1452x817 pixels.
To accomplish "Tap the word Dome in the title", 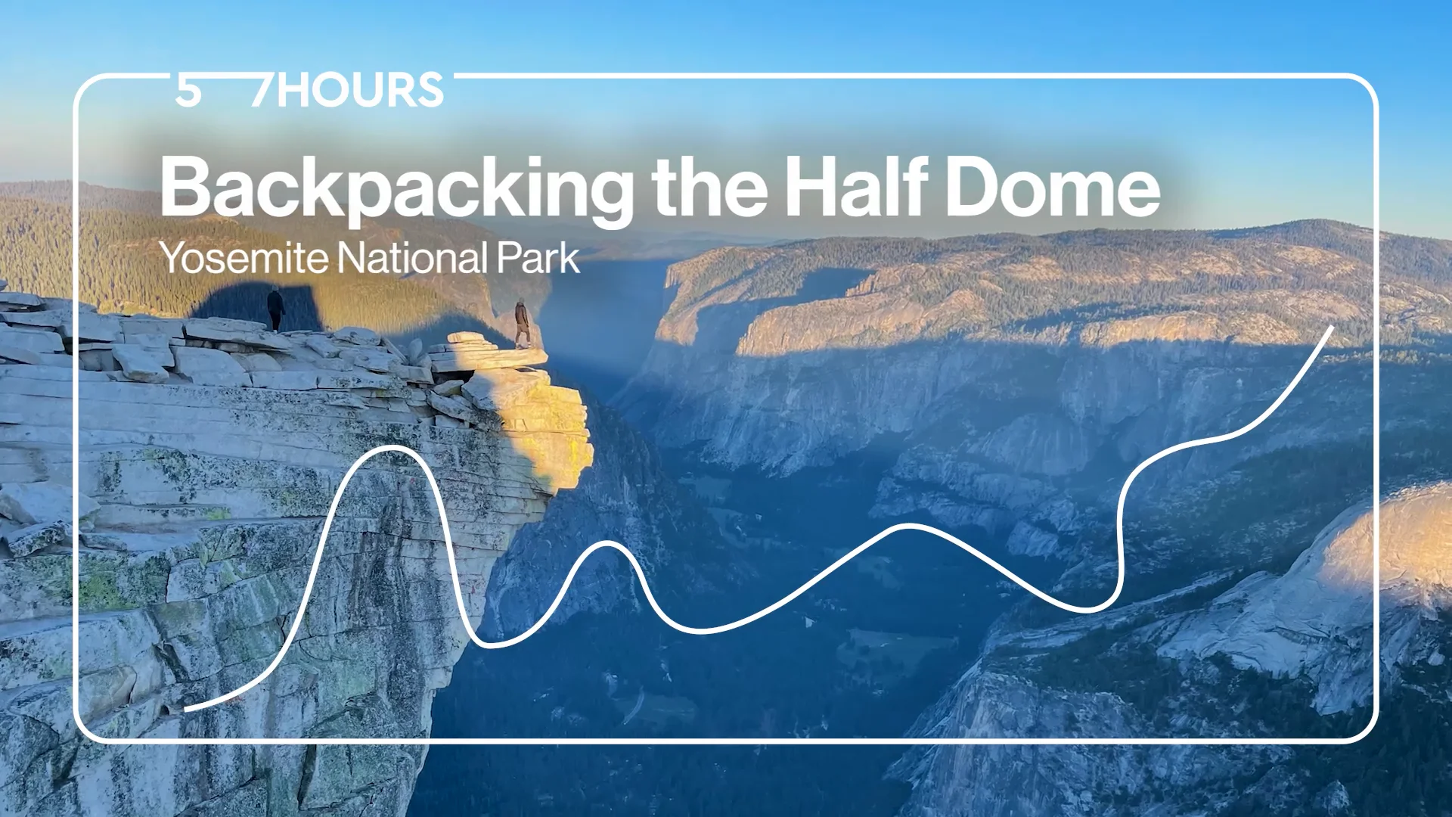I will pyautogui.click(x=1053, y=188).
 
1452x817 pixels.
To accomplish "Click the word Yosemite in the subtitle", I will pyautogui.click(x=244, y=259).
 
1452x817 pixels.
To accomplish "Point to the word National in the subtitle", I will pyautogui.click(x=413, y=259).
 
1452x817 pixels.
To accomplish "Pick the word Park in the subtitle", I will pyautogui.click(x=538, y=259).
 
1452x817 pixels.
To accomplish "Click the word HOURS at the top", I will pyautogui.click(x=360, y=91).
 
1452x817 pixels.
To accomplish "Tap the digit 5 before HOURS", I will pyautogui.click(x=188, y=91).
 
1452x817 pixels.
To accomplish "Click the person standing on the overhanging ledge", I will pyautogui.click(x=522, y=322).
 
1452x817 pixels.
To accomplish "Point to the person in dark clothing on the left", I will pyautogui.click(x=276, y=309).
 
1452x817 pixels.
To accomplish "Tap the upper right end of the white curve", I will pyautogui.click(x=1331, y=328).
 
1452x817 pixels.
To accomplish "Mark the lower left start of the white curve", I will pyautogui.click(x=186, y=709).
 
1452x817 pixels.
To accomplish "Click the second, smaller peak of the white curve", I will pyautogui.click(x=605, y=543).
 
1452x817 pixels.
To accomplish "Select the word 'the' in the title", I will pyautogui.click(x=709, y=188).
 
